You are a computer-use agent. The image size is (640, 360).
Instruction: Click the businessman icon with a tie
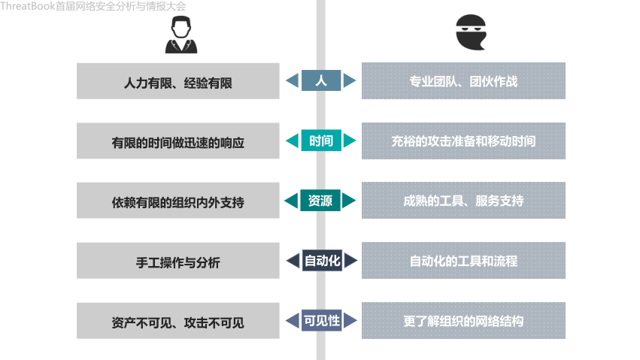[x=180, y=35]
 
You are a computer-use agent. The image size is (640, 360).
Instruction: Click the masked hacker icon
[x=471, y=34]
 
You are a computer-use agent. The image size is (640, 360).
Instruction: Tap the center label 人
[x=321, y=80]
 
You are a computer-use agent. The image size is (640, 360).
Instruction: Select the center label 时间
[x=321, y=141]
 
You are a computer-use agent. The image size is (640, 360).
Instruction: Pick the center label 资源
[x=321, y=201]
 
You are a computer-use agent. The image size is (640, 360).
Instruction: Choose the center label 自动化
[x=321, y=261]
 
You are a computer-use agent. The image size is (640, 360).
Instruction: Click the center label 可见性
[x=321, y=321]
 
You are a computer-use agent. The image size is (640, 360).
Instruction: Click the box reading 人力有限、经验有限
[x=177, y=81]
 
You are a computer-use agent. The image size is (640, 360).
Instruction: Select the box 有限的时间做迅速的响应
[x=177, y=141]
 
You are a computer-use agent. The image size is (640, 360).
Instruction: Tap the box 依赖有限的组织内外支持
[x=177, y=201]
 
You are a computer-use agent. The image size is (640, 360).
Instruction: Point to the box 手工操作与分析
[x=177, y=262]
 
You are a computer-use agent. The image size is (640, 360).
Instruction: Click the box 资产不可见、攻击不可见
[x=177, y=322]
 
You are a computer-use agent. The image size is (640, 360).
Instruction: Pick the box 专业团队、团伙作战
[x=463, y=81]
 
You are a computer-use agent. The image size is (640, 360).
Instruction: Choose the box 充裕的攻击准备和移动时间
[x=463, y=141]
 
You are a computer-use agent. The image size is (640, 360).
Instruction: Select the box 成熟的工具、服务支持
[x=463, y=201]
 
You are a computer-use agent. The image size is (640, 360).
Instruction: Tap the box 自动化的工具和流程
[x=463, y=262]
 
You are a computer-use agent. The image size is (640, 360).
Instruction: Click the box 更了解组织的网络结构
[x=463, y=322]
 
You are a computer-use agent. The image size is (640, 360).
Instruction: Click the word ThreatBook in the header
[x=27, y=6]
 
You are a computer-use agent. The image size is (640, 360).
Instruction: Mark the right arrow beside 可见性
[x=350, y=321]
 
